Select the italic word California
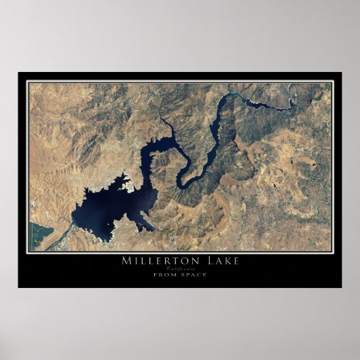(x=180, y=268)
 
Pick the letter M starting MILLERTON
(x=125, y=260)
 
